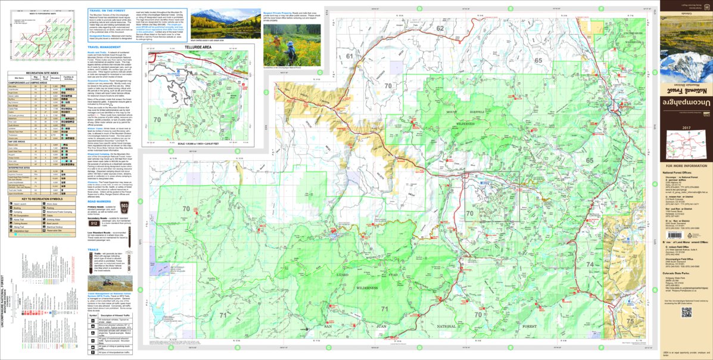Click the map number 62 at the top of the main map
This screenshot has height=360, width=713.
(440, 28)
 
